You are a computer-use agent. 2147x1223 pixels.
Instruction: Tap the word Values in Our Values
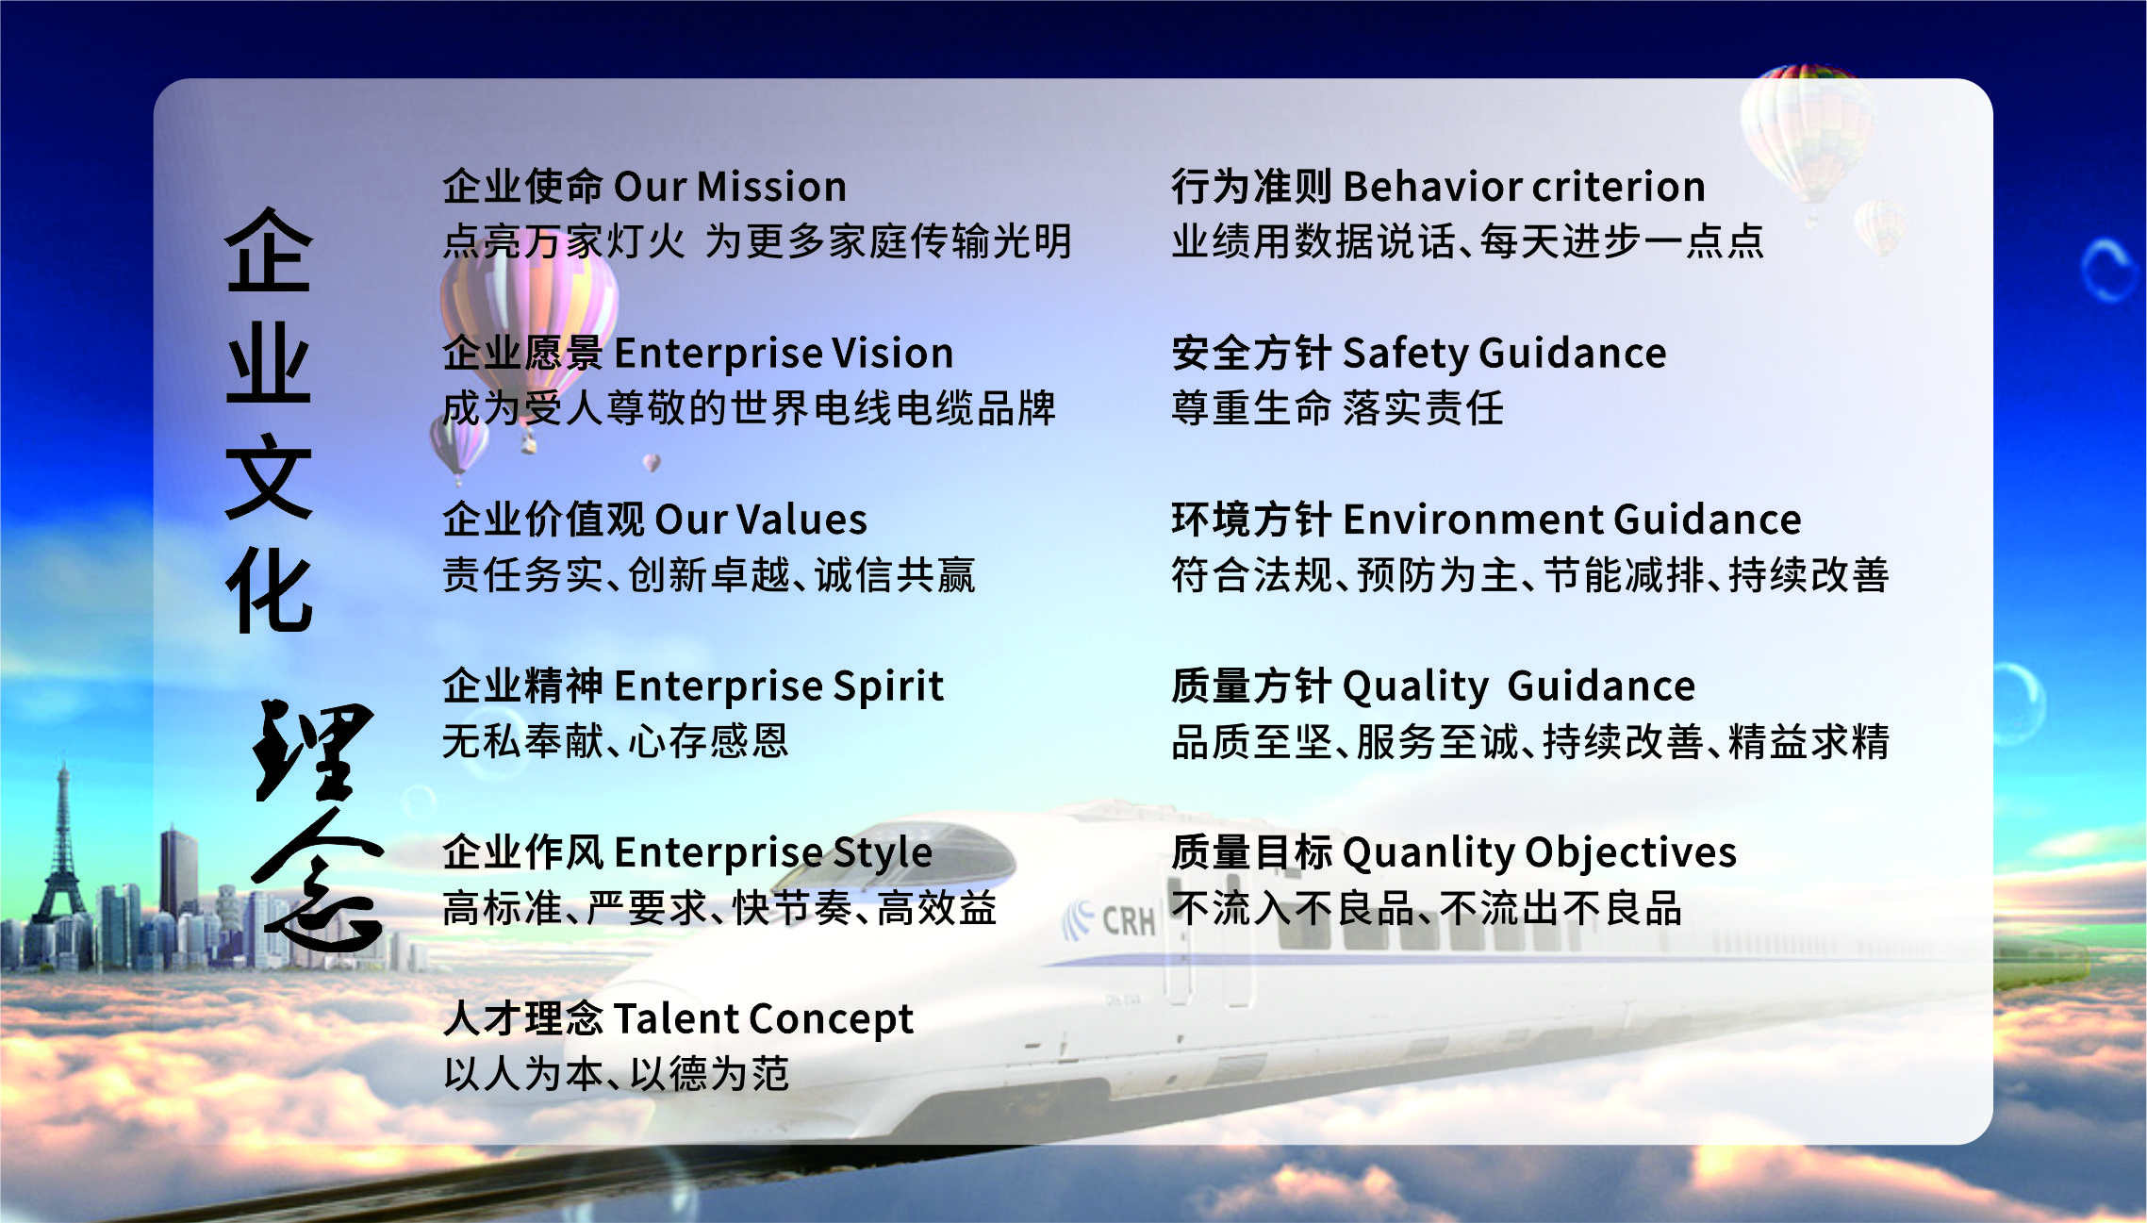(801, 520)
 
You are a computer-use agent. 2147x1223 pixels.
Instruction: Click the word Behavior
(1430, 187)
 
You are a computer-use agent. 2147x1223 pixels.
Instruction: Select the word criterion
(1619, 187)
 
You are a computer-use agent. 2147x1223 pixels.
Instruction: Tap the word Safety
(1405, 355)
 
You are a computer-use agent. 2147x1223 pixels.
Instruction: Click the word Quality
(1414, 686)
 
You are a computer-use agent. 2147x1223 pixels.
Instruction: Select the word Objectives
(1630, 853)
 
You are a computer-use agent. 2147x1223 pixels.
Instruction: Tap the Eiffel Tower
(60, 849)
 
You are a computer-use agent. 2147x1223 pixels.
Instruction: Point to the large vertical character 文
(269, 476)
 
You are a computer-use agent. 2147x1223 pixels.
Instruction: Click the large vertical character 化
(269, 590)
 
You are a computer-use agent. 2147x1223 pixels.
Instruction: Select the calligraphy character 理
(311, 750)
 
